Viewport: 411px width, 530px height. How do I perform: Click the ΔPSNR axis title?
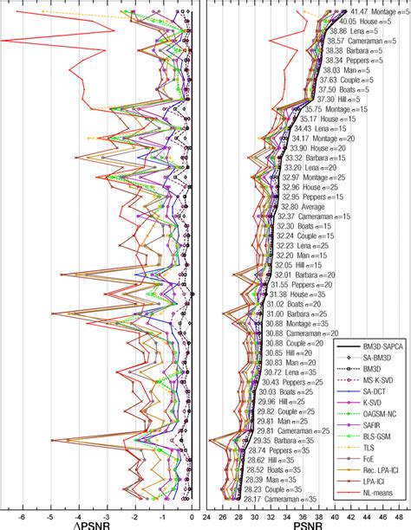pyautogui.click(x=102, y=523)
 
